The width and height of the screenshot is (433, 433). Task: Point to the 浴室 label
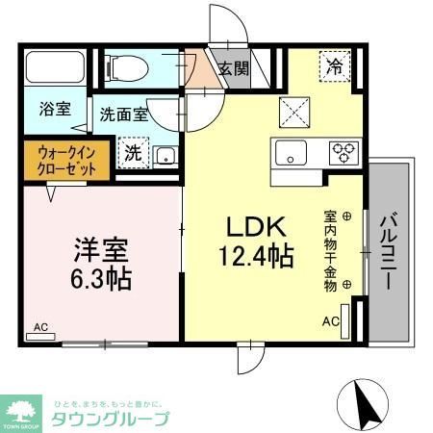click(x=55, y=109)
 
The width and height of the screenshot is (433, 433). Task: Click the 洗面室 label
click(x=124, y=115)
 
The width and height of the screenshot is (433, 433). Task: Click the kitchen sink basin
click(x=290, y=151)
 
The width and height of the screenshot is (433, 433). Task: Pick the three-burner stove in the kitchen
click(x=343, y=151)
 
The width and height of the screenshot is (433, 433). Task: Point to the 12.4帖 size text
click(x=258, y=258)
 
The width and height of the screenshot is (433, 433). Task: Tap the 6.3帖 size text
click(x=99, y=280)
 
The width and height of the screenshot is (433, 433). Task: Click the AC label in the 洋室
click(x=41, y=327)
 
